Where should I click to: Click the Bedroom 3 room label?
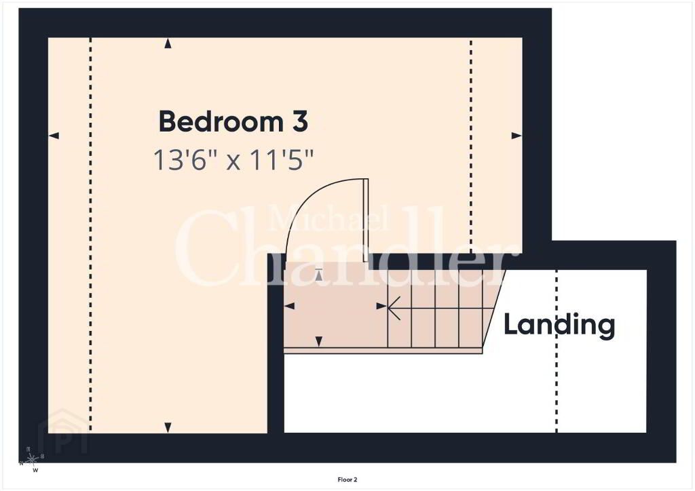pos(233,121)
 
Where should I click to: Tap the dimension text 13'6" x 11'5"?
pos(233,159)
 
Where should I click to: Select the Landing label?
pos(559,326)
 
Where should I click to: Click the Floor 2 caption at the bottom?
pos(347,479)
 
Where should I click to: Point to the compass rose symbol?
pos(32,460)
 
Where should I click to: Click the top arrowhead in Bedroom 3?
pos(168,43)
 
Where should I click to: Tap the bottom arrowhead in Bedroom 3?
pos(168,428)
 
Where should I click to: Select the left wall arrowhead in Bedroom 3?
pos(54,136)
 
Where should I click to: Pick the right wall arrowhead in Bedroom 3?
pos(516,136)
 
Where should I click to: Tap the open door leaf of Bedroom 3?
pos(366,220)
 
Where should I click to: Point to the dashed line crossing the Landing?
pos(557,351)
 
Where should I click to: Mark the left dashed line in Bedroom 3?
pos(90,235)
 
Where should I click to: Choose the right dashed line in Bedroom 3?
pos(471,146)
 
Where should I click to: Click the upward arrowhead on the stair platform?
pos(319,275)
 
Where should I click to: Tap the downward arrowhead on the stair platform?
pos(319,341)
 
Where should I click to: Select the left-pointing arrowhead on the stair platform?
pos(289,306)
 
